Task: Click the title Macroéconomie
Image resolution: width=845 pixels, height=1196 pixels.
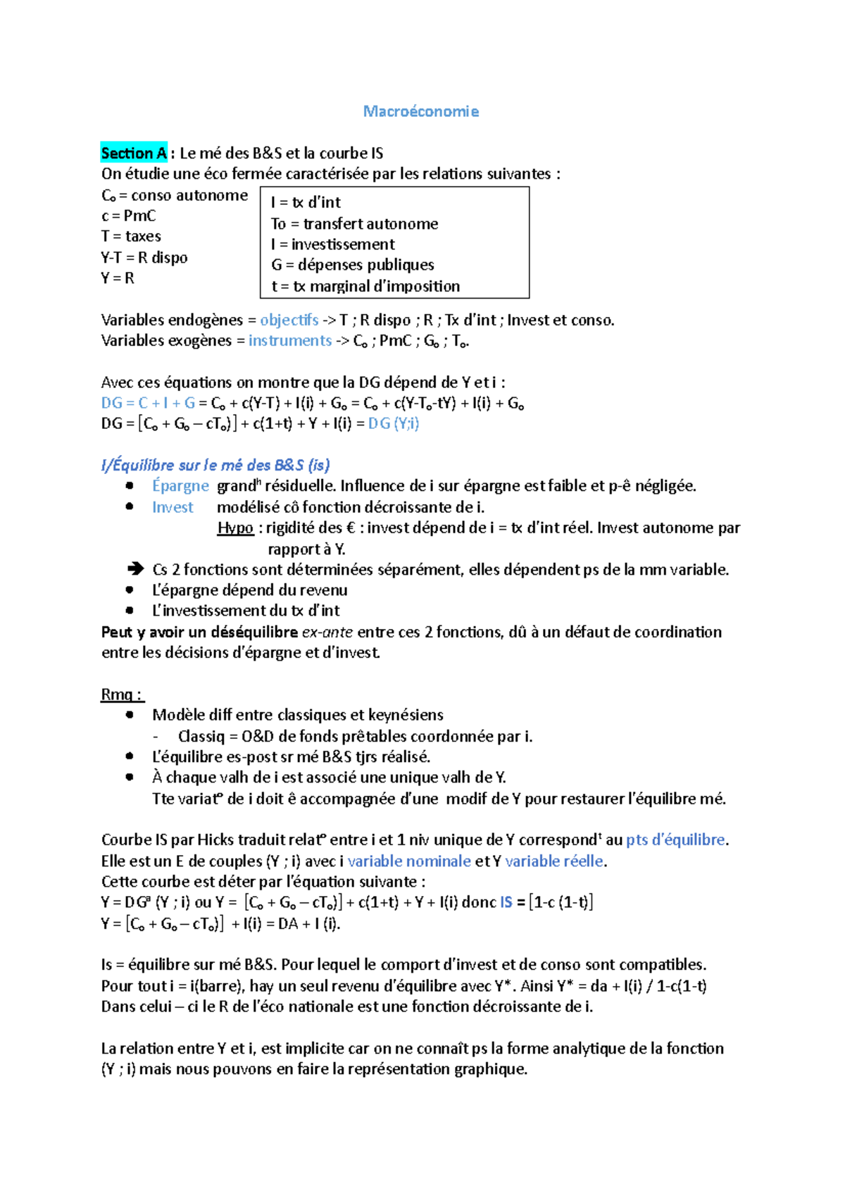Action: (420, 111)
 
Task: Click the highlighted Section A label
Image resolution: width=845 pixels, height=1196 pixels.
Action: (134, 153)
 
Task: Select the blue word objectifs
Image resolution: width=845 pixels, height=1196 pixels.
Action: (289, 320)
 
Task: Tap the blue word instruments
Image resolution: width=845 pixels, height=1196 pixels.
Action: (289, 340)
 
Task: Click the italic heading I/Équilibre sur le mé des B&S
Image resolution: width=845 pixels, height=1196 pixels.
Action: (215, 465)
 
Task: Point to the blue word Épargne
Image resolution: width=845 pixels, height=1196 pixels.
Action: (180, 486)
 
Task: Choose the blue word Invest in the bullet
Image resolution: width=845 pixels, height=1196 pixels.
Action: (173, 507)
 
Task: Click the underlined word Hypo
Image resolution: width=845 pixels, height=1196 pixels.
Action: (235, 528)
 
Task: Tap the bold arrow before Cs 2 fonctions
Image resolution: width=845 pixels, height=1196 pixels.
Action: (134, 569)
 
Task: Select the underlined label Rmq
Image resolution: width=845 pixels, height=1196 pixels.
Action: (121, 694)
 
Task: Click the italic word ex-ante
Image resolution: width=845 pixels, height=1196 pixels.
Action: (327, 632)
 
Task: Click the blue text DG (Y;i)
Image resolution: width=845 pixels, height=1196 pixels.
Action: (393, 423)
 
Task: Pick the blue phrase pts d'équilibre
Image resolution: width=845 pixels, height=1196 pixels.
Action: (675, 840)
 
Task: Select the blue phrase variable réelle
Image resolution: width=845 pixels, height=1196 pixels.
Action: (554, 861)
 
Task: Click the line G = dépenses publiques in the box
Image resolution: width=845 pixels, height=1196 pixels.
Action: (353, 265)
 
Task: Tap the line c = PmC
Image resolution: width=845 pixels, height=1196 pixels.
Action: (129, 216)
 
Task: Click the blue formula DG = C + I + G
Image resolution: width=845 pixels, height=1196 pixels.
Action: (148, 403)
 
